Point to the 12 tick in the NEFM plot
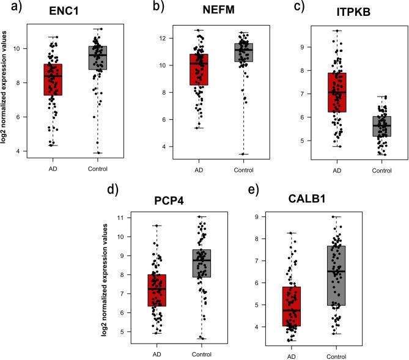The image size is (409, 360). pyautogui.click(x=175, y=39)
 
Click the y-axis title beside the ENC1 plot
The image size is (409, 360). pyautogui.click(x=6, y=89)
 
